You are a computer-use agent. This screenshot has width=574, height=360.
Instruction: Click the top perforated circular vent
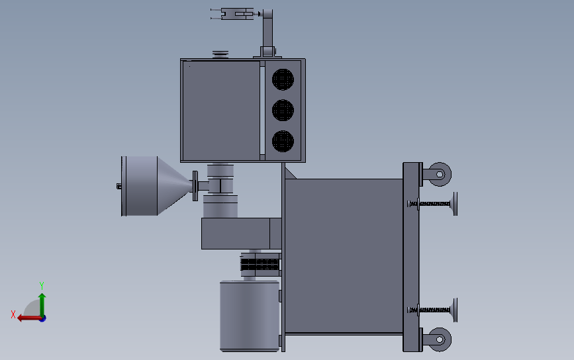[283, 79]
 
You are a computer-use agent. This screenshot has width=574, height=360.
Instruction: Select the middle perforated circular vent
[283, 110]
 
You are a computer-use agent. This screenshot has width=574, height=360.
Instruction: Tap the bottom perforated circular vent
[283, 140]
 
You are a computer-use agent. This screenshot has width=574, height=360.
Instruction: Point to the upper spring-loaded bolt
[434, 203]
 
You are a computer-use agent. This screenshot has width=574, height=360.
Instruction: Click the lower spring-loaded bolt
[434, 309]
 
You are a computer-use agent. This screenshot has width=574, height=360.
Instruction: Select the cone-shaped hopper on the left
[149, 186]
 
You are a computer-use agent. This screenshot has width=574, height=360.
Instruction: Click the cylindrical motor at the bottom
[249, 315]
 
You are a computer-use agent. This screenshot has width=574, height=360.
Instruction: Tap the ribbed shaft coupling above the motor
[260, 265]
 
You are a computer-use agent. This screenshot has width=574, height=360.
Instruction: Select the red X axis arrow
[26, 318]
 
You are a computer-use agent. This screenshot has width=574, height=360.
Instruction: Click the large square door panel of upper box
[220, 110]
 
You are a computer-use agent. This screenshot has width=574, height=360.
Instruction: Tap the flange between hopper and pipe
[195, 186]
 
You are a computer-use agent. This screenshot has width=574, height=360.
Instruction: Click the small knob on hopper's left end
[119, 187]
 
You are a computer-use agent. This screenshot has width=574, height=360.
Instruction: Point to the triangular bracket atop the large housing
[289, 173]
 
